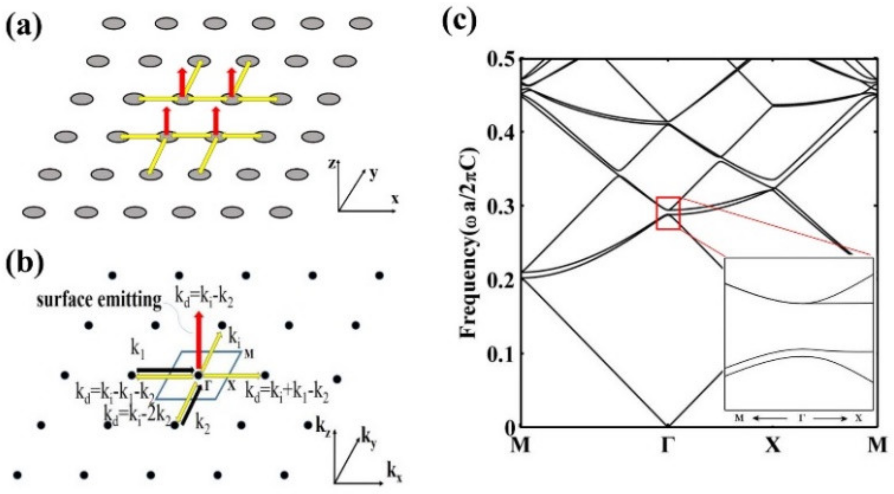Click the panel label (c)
click(460, 21)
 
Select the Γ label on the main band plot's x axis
click(668, 445)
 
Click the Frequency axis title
click(469, 243)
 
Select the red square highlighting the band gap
click(668, 213)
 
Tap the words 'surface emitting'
click(99, 300)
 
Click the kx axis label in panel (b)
click(394, 474)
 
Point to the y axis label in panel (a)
click(373, 174)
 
